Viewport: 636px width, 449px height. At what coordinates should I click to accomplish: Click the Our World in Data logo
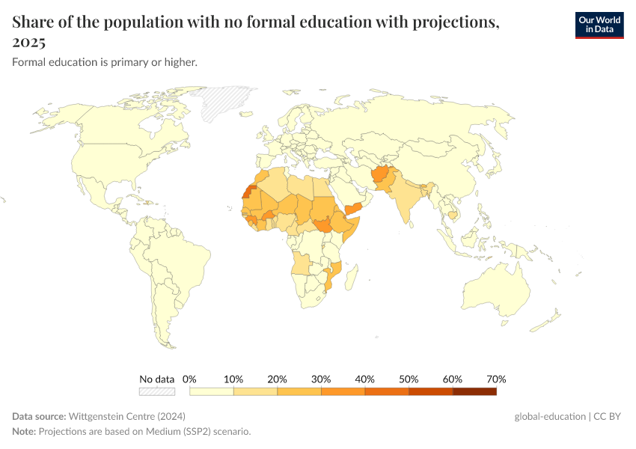599,24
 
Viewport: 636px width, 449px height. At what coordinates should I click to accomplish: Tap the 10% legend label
233,379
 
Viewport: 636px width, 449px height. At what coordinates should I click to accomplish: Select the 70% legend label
496,379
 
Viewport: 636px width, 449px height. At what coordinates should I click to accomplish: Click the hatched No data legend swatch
157,391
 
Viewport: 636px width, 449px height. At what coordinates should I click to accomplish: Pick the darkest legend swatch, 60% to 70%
474,391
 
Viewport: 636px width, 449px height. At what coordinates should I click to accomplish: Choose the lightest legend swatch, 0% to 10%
212,391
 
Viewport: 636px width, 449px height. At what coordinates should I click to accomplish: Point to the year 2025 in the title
28,42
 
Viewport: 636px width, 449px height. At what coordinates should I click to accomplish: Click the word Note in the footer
24,432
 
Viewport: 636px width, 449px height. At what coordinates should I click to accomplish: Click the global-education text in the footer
549,416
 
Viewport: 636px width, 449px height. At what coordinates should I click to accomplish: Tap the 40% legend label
365,379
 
